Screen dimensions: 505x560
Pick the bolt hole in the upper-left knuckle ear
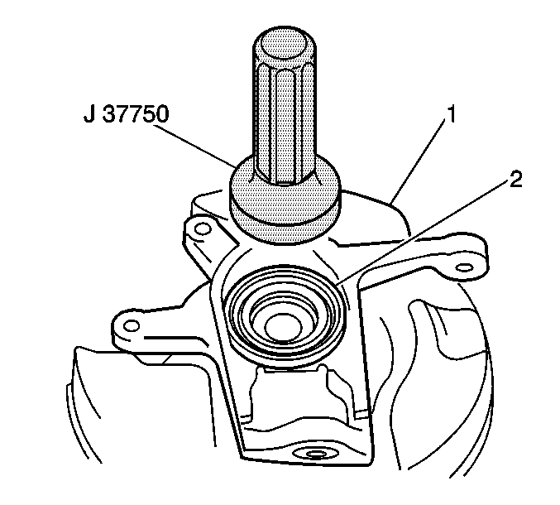pos(198,228)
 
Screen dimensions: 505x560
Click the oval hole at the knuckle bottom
pos(314,454)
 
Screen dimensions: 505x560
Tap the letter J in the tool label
pos(88,113)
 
